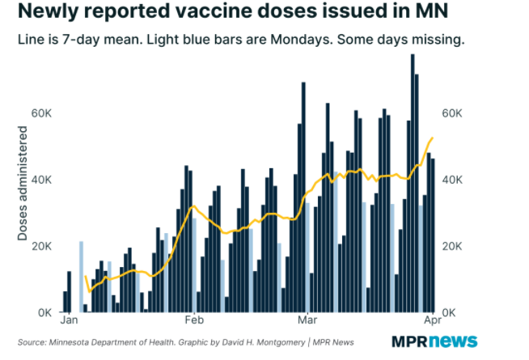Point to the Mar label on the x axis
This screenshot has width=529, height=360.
[x=306, y=320]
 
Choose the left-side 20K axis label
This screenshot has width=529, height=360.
[x=41, y=246]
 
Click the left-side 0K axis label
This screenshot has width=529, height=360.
[x=44, y=312]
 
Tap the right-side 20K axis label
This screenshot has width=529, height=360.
[x=454, y=246]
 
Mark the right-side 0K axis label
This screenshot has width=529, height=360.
[x=451, y=312]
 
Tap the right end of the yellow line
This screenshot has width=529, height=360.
[x=433, y=138]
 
